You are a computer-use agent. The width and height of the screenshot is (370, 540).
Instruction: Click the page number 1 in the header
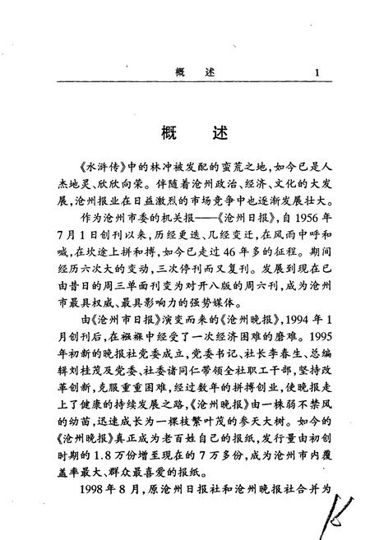[x=316, y=73]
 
